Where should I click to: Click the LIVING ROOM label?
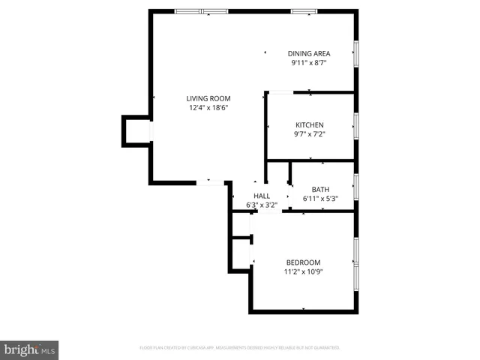click(208, 98)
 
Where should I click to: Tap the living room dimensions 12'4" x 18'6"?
click(208, 108)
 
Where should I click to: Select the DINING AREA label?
click(309, 53)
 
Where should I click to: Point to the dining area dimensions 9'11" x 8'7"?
click(309, 63)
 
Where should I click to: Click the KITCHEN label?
click(309, 124)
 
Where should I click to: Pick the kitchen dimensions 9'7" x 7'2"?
click(309, 134)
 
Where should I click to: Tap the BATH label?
click(320, 189)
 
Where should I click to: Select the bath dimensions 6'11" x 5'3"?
click(320, 199)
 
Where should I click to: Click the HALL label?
click(262, 196)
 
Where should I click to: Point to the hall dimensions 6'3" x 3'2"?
click(262, 205)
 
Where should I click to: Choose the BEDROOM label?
click(303, 262)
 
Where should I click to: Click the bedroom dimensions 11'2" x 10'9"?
click(303, 271)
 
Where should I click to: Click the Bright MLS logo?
click(29, 350)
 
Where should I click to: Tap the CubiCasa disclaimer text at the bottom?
click(240, 348)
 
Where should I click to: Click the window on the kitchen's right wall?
click(356, 125)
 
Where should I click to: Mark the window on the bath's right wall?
click(356, 186)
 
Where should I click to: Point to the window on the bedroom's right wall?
click(356, 251)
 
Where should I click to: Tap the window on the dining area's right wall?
click(356, 52)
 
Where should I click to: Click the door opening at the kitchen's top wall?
click(282, 92)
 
